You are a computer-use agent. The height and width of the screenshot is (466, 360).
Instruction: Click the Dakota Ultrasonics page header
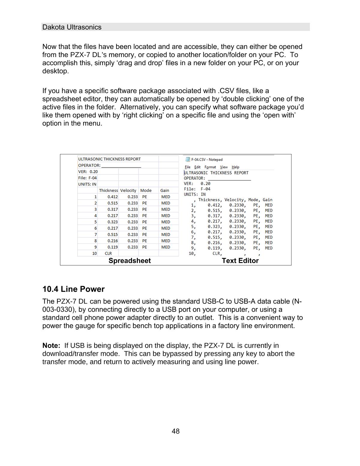point(72,27)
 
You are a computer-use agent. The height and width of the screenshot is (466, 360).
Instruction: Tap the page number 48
point(175,431)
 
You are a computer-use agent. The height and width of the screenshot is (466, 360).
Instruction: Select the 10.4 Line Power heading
point(73,289)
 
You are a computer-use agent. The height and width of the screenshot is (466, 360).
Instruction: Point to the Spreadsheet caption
point(130,261)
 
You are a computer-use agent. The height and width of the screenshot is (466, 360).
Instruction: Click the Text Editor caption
point(240,261)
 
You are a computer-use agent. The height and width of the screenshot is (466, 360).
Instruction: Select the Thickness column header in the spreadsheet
point(108,190)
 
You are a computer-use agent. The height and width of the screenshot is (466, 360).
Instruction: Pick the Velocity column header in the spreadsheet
point(128,190)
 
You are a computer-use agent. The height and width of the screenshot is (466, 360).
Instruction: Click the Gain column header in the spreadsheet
point(165,190)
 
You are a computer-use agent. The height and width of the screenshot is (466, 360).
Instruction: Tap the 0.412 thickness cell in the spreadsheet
point(112,197)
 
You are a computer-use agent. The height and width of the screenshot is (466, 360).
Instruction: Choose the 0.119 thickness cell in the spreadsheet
point(112,247)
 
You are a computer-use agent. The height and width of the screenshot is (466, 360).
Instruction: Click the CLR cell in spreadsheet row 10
point(108,253)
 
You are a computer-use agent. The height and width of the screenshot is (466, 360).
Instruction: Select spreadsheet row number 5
point(96,222)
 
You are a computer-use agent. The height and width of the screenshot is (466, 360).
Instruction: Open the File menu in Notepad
point(187,167)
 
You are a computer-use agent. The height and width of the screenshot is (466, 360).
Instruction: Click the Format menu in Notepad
point(210,167)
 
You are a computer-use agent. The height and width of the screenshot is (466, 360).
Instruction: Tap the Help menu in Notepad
point(235,167)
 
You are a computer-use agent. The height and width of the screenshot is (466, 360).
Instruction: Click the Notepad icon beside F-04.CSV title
point(187,159)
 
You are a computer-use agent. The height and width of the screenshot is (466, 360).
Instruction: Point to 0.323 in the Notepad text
point(214,226)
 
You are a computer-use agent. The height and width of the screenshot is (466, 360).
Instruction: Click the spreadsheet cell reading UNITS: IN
point(87,184)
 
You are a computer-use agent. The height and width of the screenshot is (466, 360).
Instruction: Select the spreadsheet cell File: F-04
point(87,178)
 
